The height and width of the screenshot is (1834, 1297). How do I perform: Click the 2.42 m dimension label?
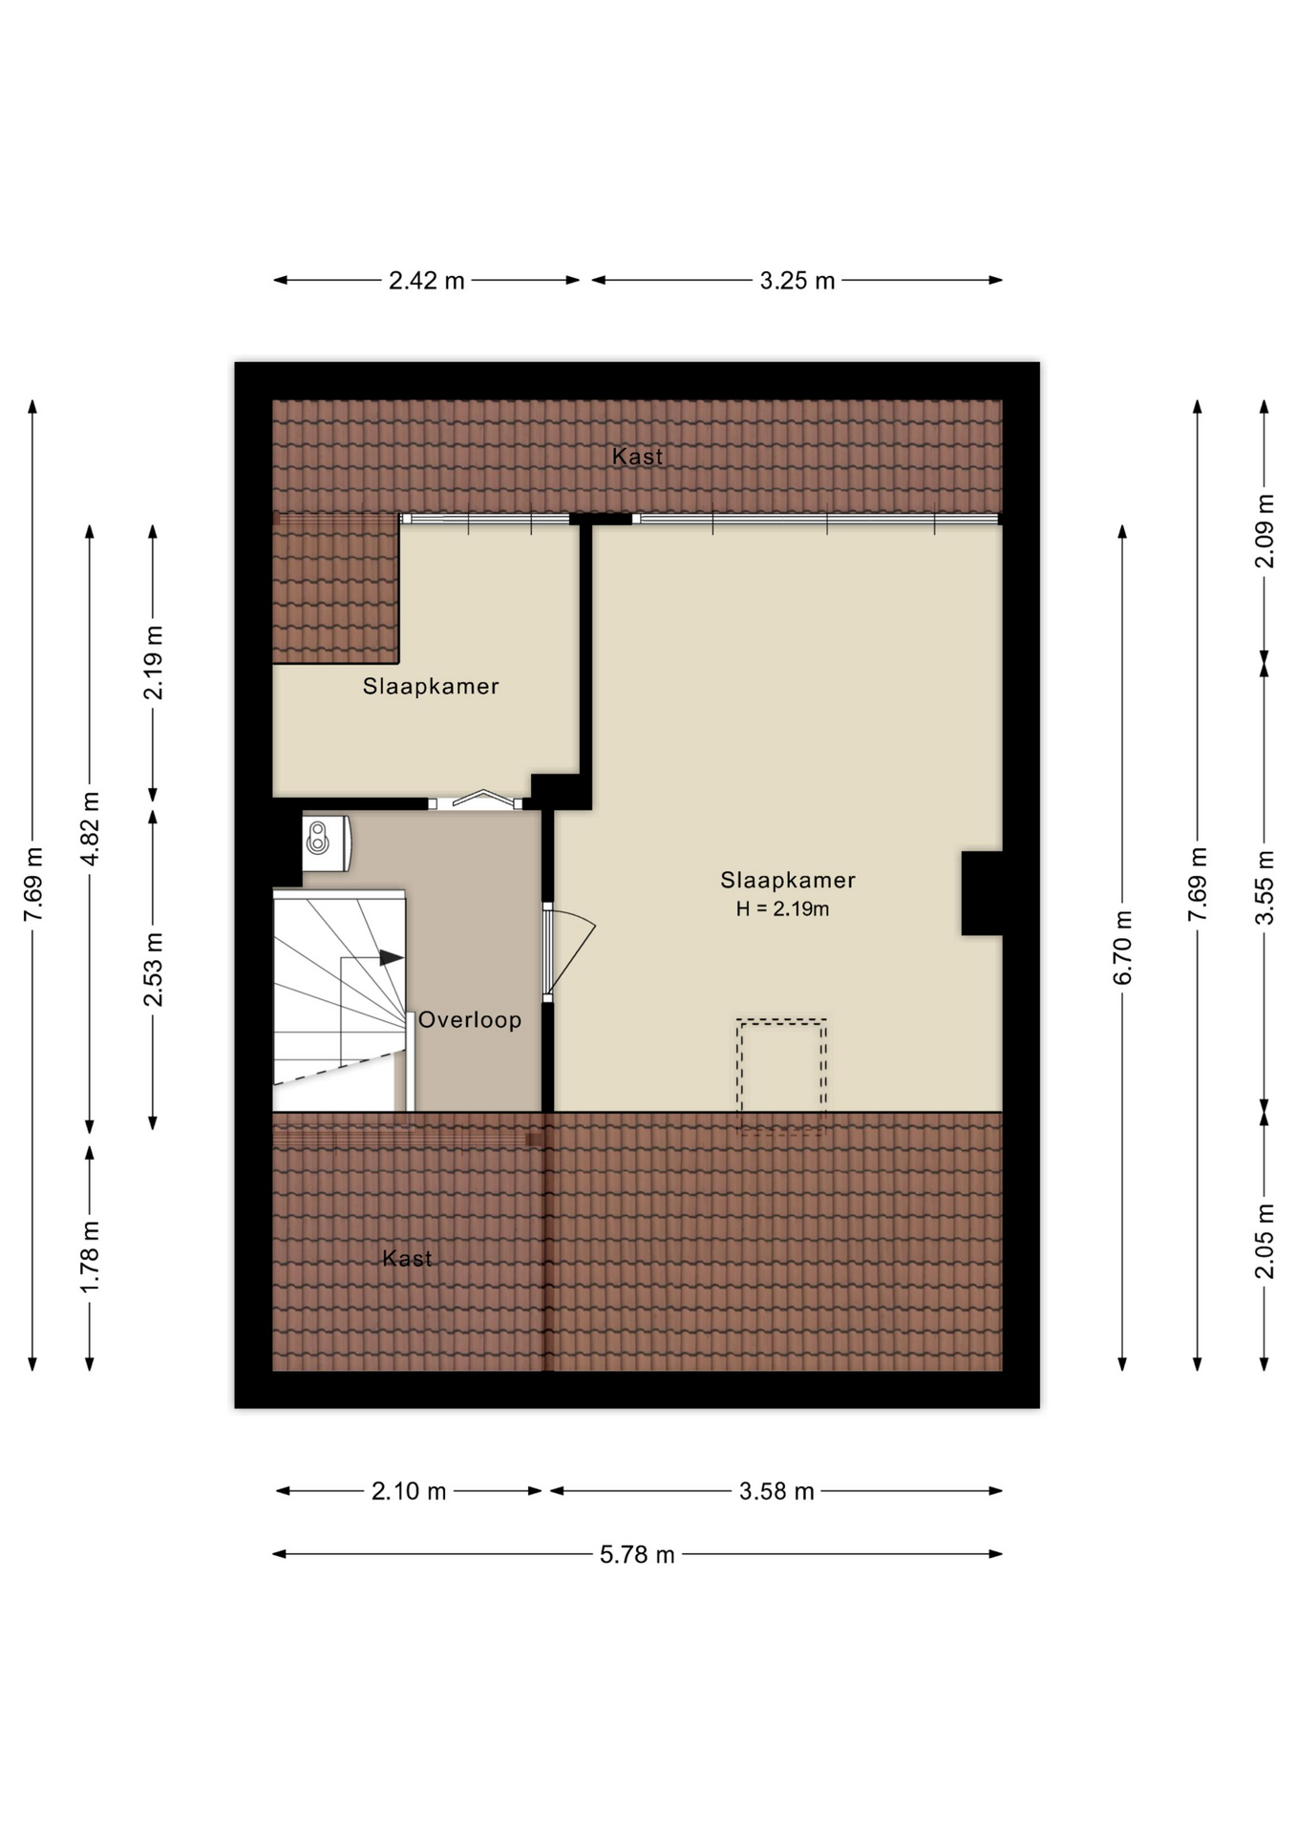coord(426,281)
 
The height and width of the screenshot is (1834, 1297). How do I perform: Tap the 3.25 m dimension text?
coord(797,281)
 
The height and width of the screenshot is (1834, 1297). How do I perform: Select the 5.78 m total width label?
coord(637,1555)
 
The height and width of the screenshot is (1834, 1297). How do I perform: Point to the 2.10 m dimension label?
coord(409,1491)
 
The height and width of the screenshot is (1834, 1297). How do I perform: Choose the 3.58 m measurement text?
coord(776,1491)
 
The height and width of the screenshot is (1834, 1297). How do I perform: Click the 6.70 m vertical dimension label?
coord(1122,948)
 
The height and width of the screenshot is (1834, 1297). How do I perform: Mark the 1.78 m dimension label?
coord(90,1257)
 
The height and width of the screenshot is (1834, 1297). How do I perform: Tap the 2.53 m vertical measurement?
coord(153,970)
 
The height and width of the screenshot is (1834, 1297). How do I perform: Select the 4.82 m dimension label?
coord(90,828)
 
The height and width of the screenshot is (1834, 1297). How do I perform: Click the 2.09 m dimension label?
coord(1265,531)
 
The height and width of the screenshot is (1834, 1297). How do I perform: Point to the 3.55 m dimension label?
coord(1265,887)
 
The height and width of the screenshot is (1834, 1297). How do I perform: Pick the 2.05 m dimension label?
coord(1265,1241)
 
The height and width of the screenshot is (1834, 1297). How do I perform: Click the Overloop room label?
coord(470,1020)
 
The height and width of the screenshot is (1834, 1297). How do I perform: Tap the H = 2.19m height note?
coord(782,909)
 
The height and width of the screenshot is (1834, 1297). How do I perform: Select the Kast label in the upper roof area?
coord(637,457)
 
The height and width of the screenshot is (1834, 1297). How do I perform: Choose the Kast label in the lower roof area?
coord(407,1259)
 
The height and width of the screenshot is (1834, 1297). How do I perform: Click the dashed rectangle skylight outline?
coord(781,1077)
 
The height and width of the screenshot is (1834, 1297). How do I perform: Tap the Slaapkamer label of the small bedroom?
coord(431,687)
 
